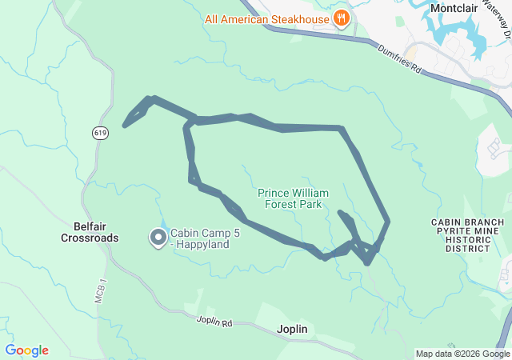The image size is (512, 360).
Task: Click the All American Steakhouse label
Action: coord(267,18)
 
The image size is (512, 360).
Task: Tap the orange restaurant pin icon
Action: coord(342,18)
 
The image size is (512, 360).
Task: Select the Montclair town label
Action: coord(458,8)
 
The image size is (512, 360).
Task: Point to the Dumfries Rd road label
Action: coord(398,58)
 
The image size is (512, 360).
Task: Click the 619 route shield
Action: coord(99,134)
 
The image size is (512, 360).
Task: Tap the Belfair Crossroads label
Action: coord(90,232)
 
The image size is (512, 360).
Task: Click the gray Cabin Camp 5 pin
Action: coord(158,238)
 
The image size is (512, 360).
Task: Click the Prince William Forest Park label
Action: coord(290,198)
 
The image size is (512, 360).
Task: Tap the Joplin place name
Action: coord(291,329)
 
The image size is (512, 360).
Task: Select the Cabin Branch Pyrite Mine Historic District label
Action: coord(467,235)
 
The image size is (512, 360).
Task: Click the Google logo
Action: coord(26,350)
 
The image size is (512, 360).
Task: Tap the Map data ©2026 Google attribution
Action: coord(462,354)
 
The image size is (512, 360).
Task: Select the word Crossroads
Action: coord(90,238)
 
